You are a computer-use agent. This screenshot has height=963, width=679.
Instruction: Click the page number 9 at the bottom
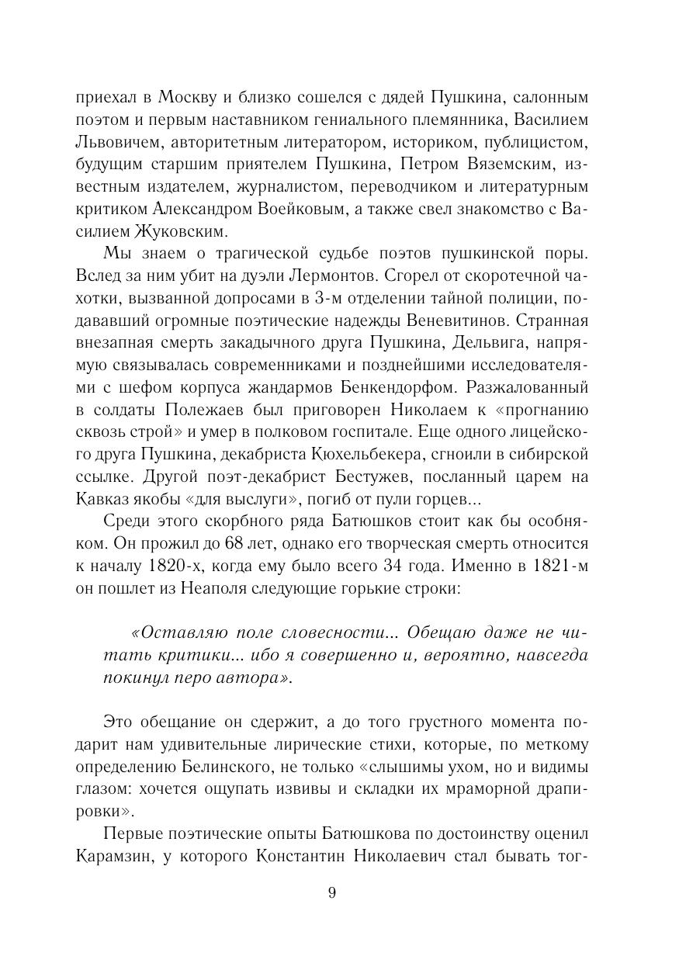tap(332, 892)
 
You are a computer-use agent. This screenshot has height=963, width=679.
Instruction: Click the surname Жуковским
tap(186, 232)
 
